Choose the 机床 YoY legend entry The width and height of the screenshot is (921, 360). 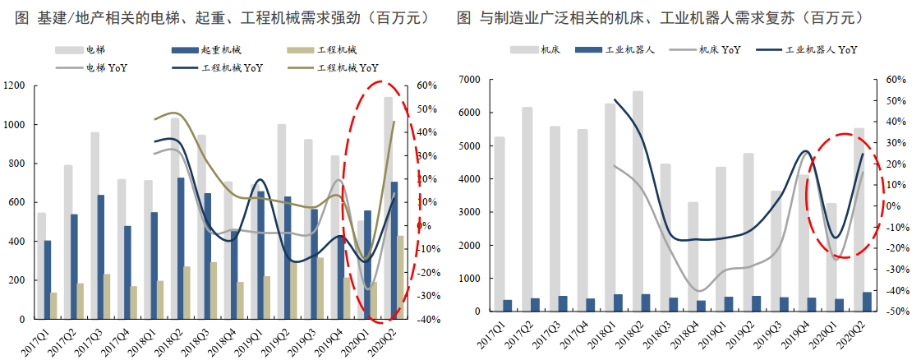tap(720, 50)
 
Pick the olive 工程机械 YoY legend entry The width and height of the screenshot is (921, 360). tap(348, 67)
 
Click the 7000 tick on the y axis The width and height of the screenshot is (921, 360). tap(469, 80)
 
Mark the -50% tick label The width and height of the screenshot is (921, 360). tap(896, 312)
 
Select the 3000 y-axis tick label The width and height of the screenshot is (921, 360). tap(469, 212)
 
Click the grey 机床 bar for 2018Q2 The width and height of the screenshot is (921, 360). tap(638, 201)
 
